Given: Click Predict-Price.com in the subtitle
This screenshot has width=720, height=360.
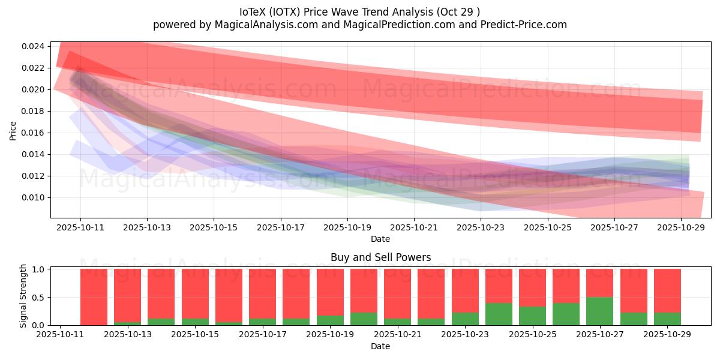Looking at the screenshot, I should pos(524,25).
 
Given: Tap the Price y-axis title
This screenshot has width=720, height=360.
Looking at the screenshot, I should pos(13,130).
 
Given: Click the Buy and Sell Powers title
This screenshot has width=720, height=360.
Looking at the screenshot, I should pos(380,257).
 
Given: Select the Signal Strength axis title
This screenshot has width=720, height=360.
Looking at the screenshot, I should pos(23,296).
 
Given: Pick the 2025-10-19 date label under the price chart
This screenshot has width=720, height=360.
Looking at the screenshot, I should pos(347,228).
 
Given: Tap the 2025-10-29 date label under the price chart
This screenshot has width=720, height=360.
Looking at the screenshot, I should pos(681,228).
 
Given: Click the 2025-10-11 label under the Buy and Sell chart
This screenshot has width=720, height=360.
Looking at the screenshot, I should pos(60,335).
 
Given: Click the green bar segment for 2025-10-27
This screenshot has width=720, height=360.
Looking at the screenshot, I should pos(599,311).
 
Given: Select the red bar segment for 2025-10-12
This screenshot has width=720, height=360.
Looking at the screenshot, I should pos(94,296).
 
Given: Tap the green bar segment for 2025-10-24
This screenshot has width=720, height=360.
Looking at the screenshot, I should pos(499,314).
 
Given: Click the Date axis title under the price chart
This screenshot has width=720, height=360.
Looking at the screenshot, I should pos(380,239).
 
